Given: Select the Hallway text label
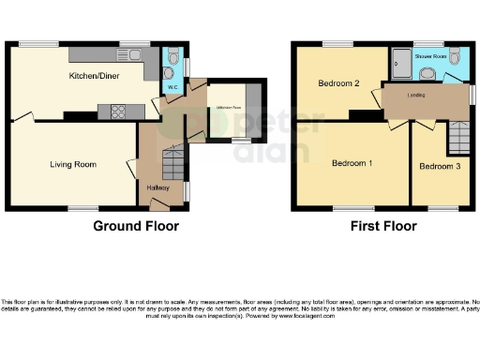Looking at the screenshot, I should (157, 187).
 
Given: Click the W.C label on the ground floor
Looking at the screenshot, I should (172, 88).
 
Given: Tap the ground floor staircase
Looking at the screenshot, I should (172, 165).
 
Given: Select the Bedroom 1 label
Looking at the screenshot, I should (352, 163).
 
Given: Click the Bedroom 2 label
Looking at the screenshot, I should (338, 83).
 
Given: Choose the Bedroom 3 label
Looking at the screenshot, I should (439, 167).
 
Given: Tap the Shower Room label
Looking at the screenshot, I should (433, 53).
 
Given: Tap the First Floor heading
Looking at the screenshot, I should (384, 226).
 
